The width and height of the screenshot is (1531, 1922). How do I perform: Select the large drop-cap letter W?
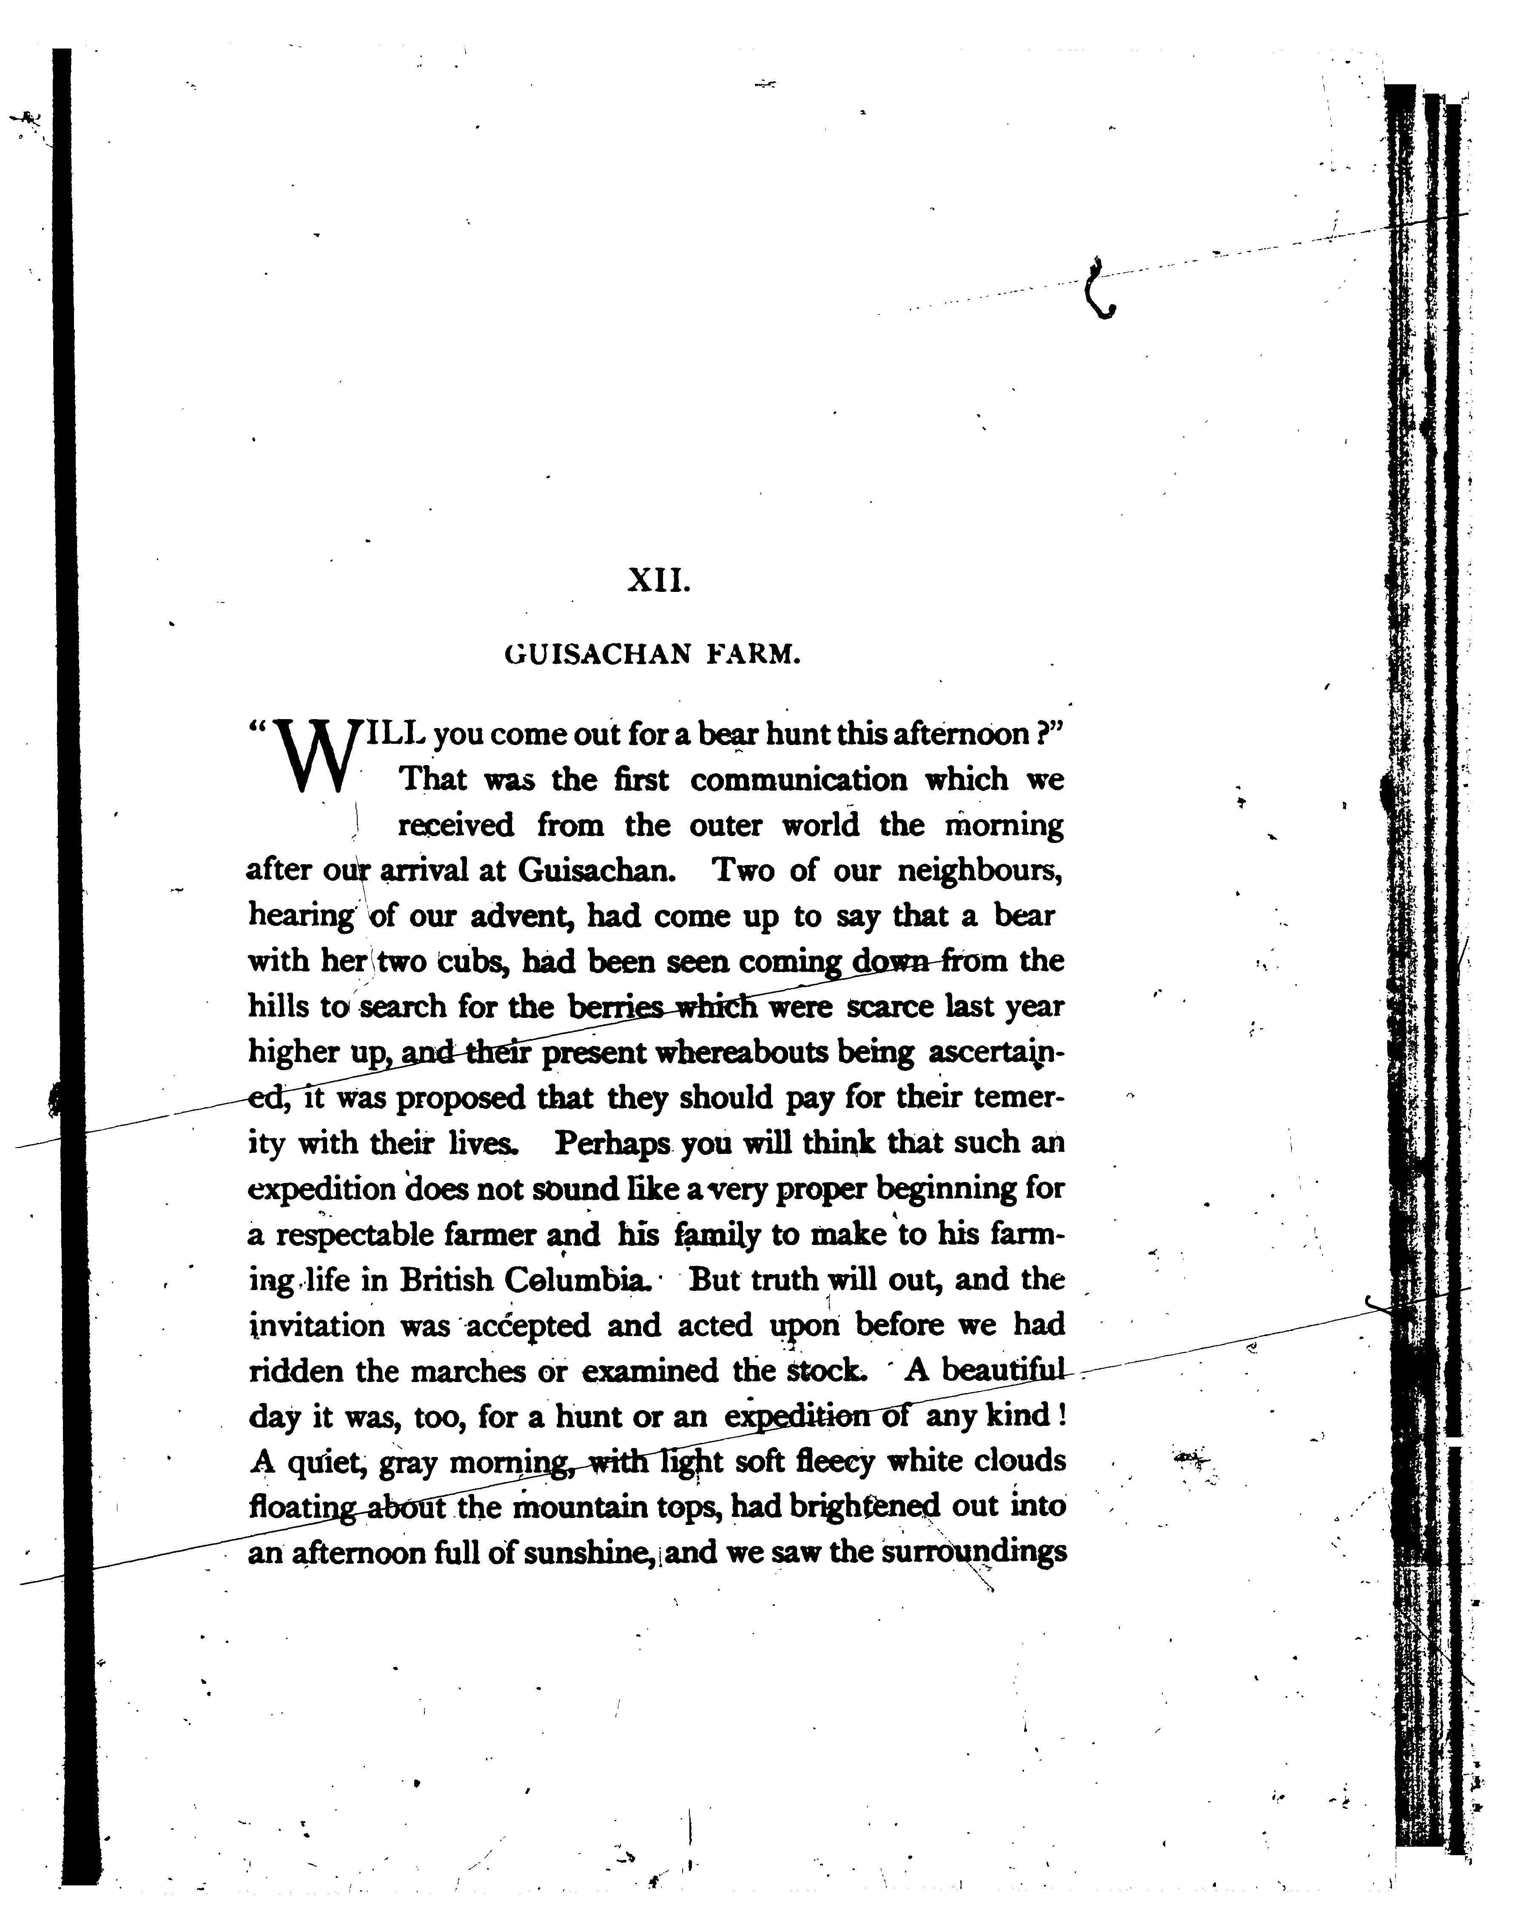coord(314,758)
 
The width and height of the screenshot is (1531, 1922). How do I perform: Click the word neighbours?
coord(979,871)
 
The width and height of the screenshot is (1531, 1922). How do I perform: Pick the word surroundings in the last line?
coord(974,1554)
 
